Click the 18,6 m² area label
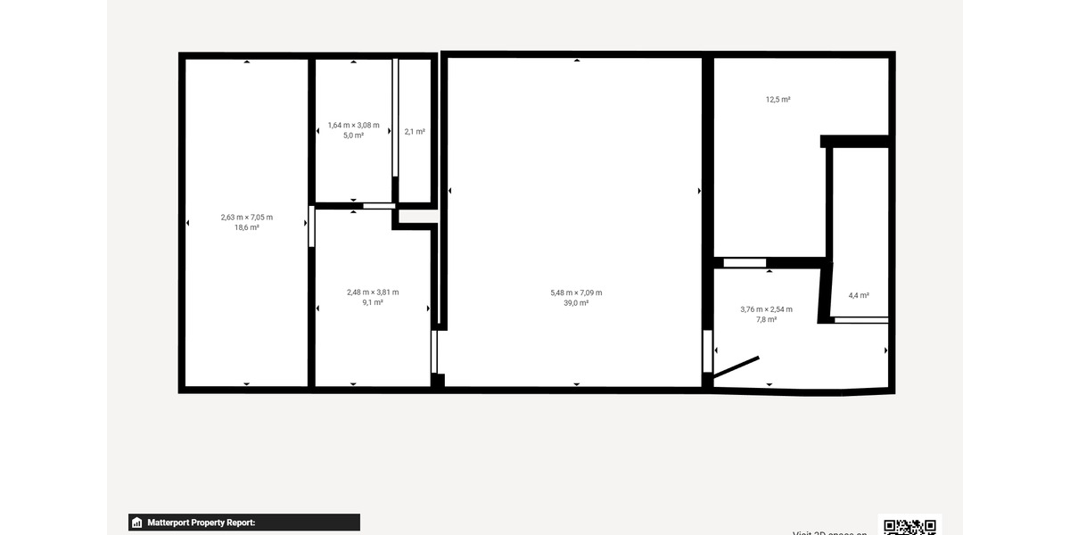pos(247,228)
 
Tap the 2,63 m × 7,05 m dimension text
pos(247,218)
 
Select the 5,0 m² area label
pos(353,136)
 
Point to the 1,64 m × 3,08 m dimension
pos(353,125)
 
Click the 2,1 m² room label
pos(415,132)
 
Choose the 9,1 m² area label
pos(373,303)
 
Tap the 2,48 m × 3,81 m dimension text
pos(373,292)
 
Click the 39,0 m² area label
pos(576,303)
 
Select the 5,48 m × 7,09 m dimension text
pos(576,292)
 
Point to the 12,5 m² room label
pos(778,100)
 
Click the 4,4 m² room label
pos(859,295)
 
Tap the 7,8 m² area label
pos(766,319)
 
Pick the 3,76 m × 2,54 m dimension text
pos(766,309)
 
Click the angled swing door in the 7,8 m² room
pos(737,367)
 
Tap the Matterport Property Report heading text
pos(202,523)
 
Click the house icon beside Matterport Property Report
pos(137,523)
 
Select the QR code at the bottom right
pos(909,526)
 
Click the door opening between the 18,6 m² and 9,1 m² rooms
pos(311,226)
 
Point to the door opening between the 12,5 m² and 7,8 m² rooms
pos(745,262)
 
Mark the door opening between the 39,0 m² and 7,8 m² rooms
pos(707,351)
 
